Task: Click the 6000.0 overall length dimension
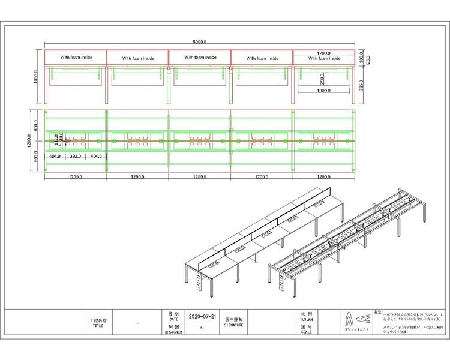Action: pos(199,42)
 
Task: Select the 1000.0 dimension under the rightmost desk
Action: pos(323,91)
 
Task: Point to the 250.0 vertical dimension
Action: pos(322,78)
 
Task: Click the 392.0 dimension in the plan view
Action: pos(76,156)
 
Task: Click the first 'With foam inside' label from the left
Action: pos(76,58)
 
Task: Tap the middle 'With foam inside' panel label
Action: pos(200,58)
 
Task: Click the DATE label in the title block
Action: pos(173,319)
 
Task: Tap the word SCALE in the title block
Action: pos(306,331)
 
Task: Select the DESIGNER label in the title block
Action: pos(173,331)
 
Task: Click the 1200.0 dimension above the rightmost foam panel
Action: pos(324,53)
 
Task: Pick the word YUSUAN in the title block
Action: pos(306,319)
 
